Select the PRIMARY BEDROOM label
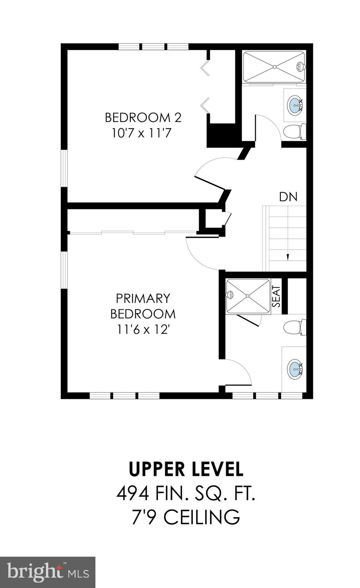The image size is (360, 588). click(143, 305)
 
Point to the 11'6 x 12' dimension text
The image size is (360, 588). click(143, 329)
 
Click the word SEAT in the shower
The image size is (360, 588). click(276, 297)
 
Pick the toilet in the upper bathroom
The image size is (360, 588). click(295, 131)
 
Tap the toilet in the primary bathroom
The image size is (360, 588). click(294, 327)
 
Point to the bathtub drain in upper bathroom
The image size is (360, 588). click(274, 67)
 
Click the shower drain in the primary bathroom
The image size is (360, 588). click(248, 296)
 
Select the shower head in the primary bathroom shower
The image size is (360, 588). click(230, 295)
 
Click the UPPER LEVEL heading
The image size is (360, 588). click(186, 469)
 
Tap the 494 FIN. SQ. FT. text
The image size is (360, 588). click(186, 494)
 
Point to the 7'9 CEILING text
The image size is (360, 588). click(186, 518)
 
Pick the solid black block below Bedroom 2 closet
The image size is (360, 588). click(221, 135)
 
